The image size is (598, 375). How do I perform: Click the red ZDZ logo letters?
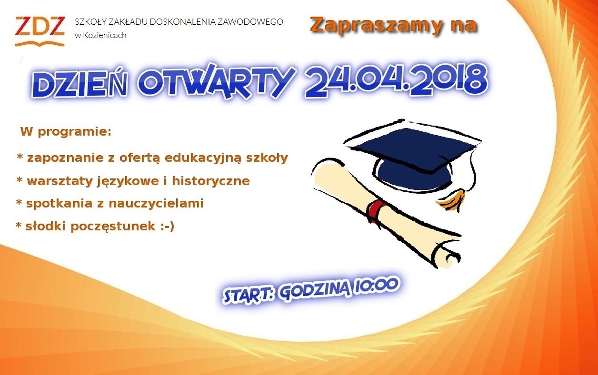tap(40, 26)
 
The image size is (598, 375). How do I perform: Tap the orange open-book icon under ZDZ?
tap(40, 43)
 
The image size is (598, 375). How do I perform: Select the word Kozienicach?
tap(105, 35)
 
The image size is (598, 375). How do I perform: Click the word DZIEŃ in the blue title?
tap(79, 84)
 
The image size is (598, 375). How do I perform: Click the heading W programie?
tap(66, 132)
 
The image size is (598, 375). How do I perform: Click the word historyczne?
tap(210, 181)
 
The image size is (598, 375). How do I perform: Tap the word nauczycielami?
tap(156, 203)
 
